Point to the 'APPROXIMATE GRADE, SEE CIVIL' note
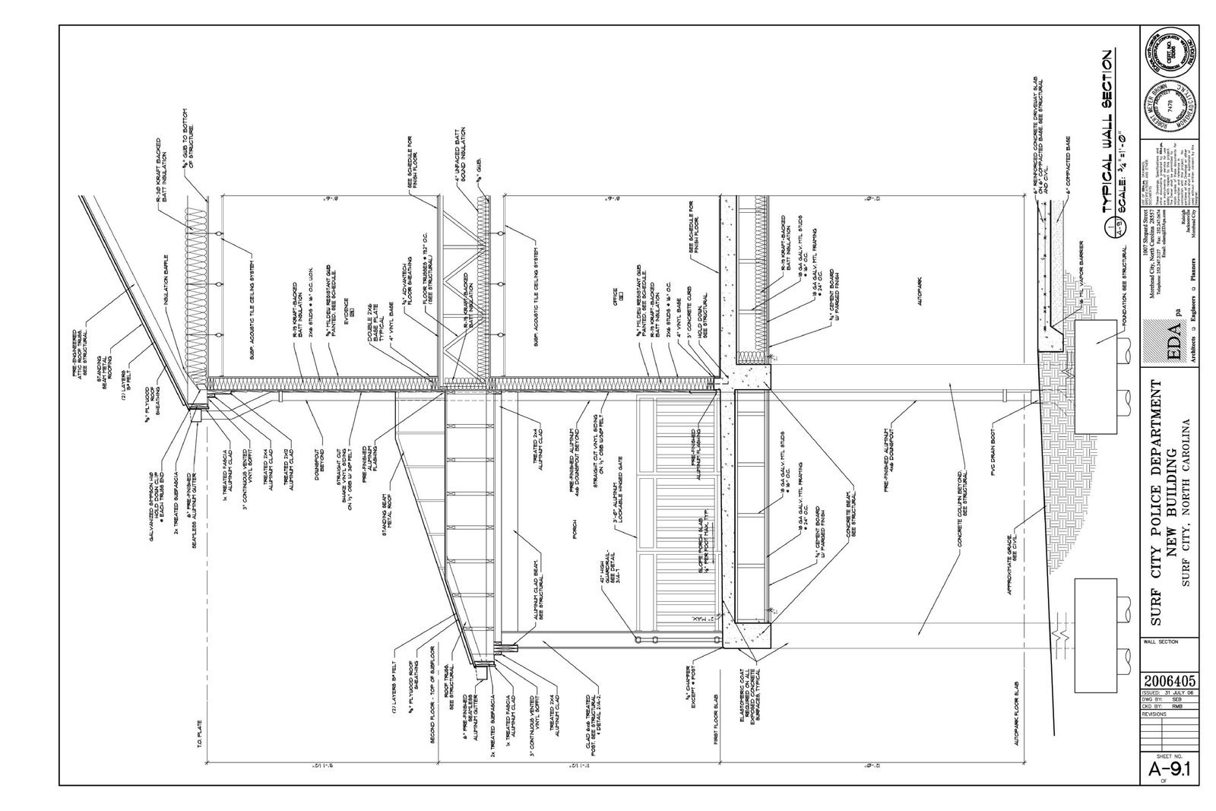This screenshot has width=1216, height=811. (x=1016, y=546)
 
